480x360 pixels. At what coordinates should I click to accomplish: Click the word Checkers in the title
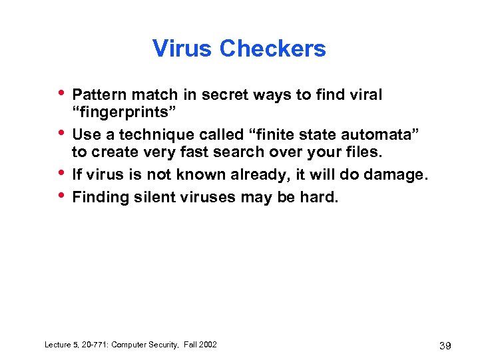(273, 49)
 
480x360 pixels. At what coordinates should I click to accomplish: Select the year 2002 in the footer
(206, 344)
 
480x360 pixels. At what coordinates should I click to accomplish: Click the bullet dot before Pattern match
(61, 94)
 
